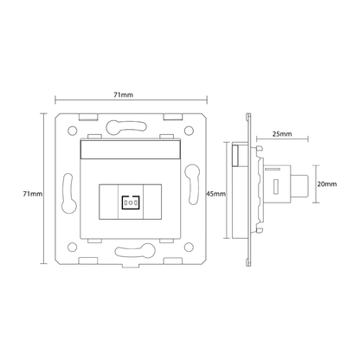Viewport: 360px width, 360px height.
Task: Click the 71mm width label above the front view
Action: click(123, 94)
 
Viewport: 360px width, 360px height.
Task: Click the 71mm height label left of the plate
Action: click(33, 194)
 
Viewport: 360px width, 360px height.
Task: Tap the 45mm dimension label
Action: click(215, 194)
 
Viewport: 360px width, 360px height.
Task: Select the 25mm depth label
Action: click(282, 134)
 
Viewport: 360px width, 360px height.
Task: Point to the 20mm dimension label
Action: click(327, 183)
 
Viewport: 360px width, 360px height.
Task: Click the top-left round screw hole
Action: click(73, 131)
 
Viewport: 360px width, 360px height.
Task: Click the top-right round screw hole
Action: click(189, 131)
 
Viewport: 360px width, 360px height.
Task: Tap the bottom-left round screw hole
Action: click(73, 247)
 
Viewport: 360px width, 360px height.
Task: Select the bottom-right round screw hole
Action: click(189, 247)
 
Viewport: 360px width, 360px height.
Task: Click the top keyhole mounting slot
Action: click(126, 127)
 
